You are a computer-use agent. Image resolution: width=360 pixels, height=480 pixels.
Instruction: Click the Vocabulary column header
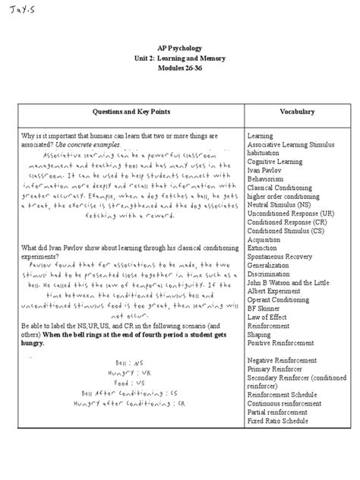click(296, 112)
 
